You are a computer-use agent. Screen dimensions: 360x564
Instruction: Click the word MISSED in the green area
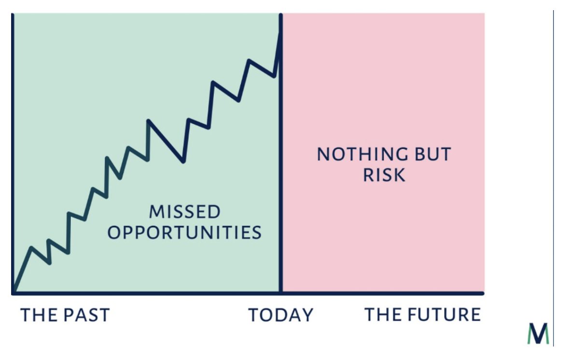(x=184, y=211)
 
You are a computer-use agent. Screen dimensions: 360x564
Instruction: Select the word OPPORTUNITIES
(x=184, y=233)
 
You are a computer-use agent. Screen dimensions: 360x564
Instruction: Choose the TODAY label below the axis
(x=281, y=316)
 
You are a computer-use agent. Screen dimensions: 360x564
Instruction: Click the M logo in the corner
(x=538, y=333)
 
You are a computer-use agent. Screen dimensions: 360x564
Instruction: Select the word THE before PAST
(x=38, y=315)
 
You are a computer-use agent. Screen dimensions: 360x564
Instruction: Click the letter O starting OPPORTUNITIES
(x=114, y=233)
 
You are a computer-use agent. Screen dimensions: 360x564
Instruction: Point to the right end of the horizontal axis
(x=482, y=293)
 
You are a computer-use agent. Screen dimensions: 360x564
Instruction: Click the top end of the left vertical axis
(x=13, y=15)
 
